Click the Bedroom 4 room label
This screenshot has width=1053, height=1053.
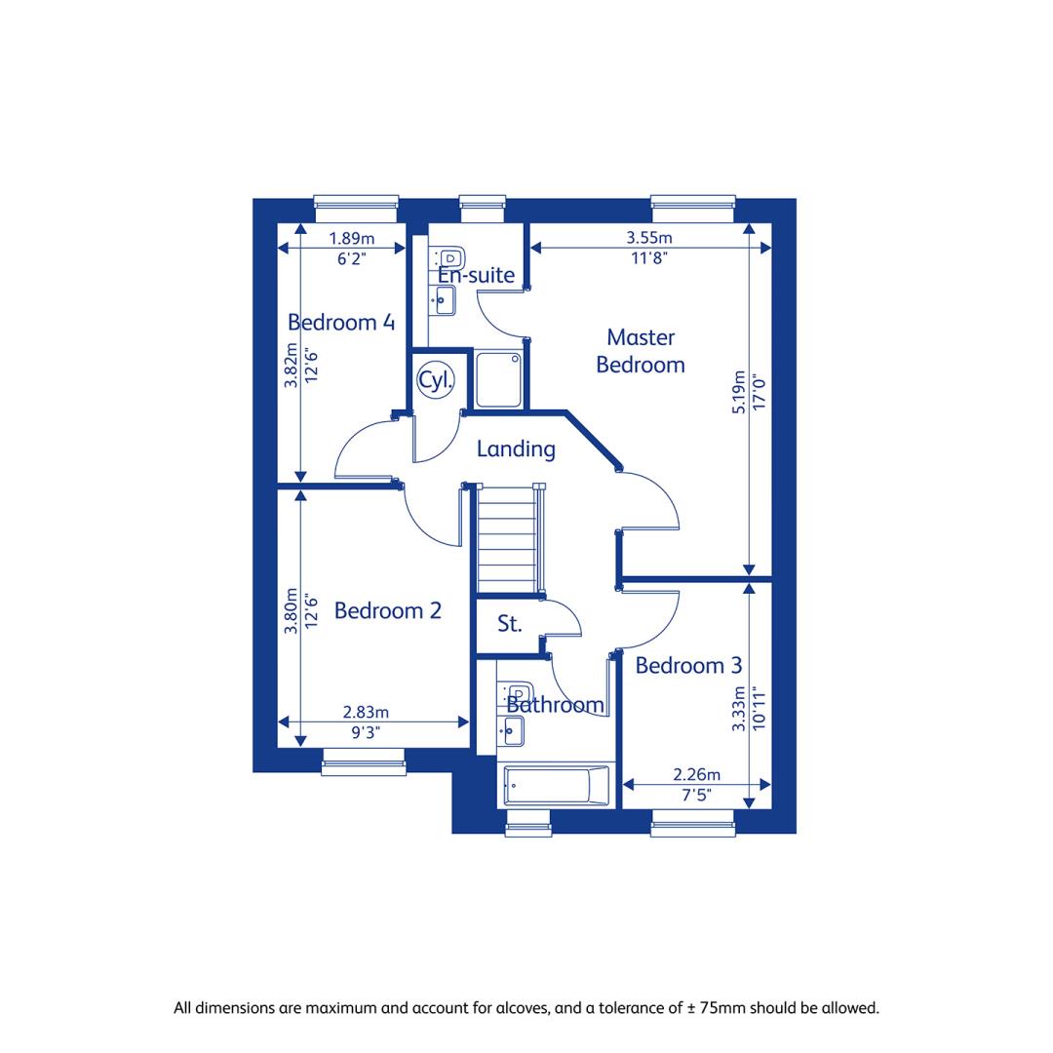pos(341,323)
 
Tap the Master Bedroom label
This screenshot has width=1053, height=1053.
pos(641,351)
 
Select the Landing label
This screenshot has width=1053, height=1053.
pos(516,448)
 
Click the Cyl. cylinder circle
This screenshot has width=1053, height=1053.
pos(436,380)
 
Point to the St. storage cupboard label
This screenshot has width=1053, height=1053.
pos(510,624)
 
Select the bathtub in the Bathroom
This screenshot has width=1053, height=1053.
pos(556,785)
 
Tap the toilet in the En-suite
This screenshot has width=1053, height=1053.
pos(449,257)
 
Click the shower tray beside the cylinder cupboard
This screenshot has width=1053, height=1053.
pos(498,380)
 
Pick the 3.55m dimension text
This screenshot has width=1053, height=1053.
pos(649,238)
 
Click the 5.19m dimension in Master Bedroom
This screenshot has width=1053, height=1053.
pos(738,392)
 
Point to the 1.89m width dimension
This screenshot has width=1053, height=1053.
pos(352,239)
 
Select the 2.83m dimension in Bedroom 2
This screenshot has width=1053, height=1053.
pos(366,712)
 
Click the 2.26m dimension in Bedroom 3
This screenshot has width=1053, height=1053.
pos(697,774)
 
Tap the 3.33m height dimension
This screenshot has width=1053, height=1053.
pos(738,708)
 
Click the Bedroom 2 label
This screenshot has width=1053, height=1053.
pos(388,610)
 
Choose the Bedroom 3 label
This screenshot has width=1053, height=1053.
pos(689,666)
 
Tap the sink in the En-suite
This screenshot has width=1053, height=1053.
pos(444,300)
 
